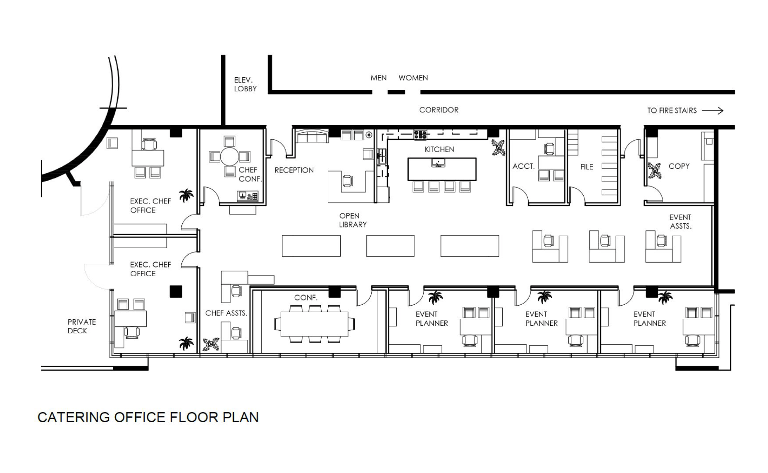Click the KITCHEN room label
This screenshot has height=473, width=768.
click(x=439, y=149)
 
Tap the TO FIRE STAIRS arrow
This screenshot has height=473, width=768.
click(x=712, y=110)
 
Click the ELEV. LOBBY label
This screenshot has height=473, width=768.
click(x=245, y=84)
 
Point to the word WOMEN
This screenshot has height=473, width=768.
click(x=413, y=78)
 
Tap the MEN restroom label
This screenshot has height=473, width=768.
click(x=378, y=78)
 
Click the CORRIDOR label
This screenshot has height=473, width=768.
click(x=439, y=110)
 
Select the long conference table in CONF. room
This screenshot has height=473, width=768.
click(x=314, y=324)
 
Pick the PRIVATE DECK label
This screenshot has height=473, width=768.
click(x=81, y=326)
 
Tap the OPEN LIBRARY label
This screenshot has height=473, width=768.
click(x=353, y=220)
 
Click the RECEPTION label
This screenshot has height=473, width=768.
click(x=294, y=170)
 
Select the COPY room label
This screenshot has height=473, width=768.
click(x=679, y=166)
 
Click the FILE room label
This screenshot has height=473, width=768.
click(x=587, y=167)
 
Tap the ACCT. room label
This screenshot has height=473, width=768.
click(x=523, y=166)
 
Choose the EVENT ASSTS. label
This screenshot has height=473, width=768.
click(x=680, y=222)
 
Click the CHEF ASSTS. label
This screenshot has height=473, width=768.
click(x=226, y=313)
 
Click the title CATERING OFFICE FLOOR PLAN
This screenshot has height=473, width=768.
click(x=148, y=417)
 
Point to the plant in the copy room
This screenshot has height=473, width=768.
click(x=654, y=170)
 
